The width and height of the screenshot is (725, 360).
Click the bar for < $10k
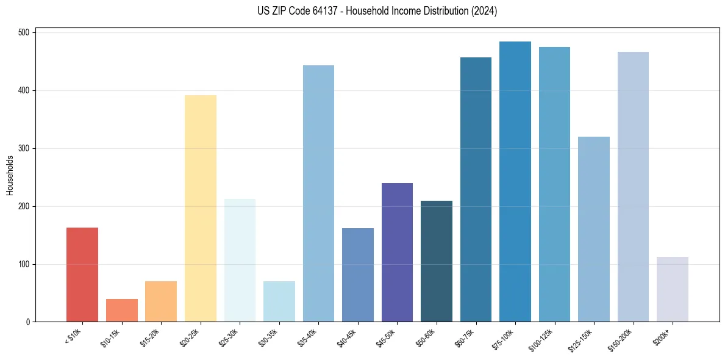82,275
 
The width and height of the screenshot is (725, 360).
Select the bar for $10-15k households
121,311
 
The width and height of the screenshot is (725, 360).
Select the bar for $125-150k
594,229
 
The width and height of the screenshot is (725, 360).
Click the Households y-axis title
10,176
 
